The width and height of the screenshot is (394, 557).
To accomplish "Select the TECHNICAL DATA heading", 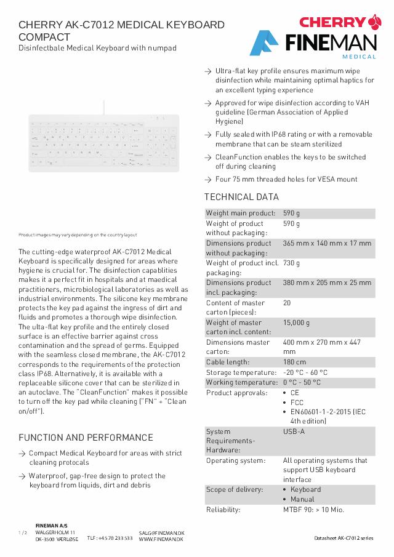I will tap(241, 197).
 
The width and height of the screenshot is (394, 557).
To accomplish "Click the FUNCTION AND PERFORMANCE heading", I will tap(86, 438).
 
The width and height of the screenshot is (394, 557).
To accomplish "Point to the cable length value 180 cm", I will tap(294, 362).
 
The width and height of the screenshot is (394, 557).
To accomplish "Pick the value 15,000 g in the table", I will tap(296, 323).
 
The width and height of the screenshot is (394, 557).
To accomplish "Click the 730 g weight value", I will tap(291, 263).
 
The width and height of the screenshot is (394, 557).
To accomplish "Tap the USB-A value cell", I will tap(294, 431).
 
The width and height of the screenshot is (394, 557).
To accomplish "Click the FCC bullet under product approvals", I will tap(297, 403).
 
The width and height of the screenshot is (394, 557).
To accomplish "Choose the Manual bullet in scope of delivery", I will tap(302, 499).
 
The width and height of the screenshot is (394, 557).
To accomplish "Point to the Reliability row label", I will tap(223, 510).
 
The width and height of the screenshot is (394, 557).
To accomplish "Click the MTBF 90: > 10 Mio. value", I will tap(313, 510).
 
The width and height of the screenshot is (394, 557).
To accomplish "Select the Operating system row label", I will tap(235, 460).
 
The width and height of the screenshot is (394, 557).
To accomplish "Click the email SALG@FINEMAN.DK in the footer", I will tap(161, 532).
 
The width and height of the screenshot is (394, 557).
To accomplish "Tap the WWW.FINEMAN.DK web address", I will tap(161, 539).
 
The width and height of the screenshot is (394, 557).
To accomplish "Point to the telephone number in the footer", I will tap(110, 538).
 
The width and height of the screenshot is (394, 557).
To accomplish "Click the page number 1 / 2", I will tap(23, 532).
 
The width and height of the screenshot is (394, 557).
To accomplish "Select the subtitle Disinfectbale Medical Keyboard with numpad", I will tap(97, 48).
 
